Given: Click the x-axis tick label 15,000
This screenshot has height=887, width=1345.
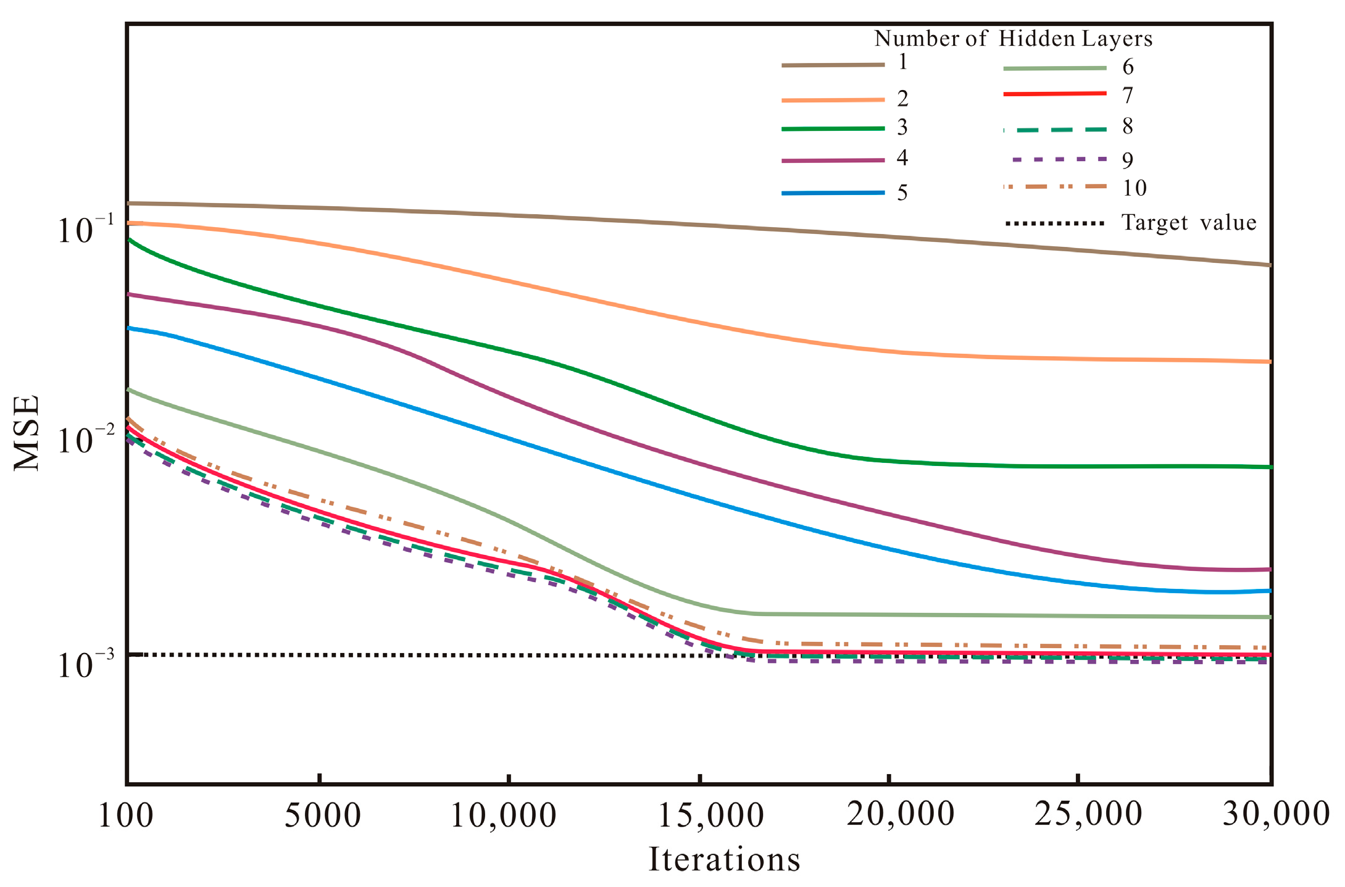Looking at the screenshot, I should [x=710, y=815].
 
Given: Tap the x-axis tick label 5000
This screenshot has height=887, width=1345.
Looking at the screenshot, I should [x=322, y=815].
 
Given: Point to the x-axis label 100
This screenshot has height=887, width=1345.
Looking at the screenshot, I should [x=126, y=815].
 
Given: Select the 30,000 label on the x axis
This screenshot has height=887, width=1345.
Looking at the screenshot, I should [x=1276, y=813].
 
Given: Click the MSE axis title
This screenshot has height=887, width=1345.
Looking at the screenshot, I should [x=27, y=433].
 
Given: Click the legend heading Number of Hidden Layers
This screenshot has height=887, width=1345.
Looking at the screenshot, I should [x=1013, y=39].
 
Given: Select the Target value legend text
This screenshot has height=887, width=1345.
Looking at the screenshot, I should [x=1188, y=222].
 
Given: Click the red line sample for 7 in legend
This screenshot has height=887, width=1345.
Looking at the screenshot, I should [x=1054, y=94].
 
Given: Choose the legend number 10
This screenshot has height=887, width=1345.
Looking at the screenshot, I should [x=1134, y=188].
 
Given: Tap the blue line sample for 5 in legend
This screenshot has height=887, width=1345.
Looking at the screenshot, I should [x=833, y=193].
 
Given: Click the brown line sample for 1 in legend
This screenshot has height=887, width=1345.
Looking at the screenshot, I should [x=833, y=65].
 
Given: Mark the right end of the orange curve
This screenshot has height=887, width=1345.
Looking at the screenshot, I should [x=1269, y=362].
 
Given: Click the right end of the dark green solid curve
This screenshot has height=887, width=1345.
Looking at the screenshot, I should [x=1269, y=467].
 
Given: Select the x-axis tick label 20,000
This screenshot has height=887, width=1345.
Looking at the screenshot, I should [x=901, y=814].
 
